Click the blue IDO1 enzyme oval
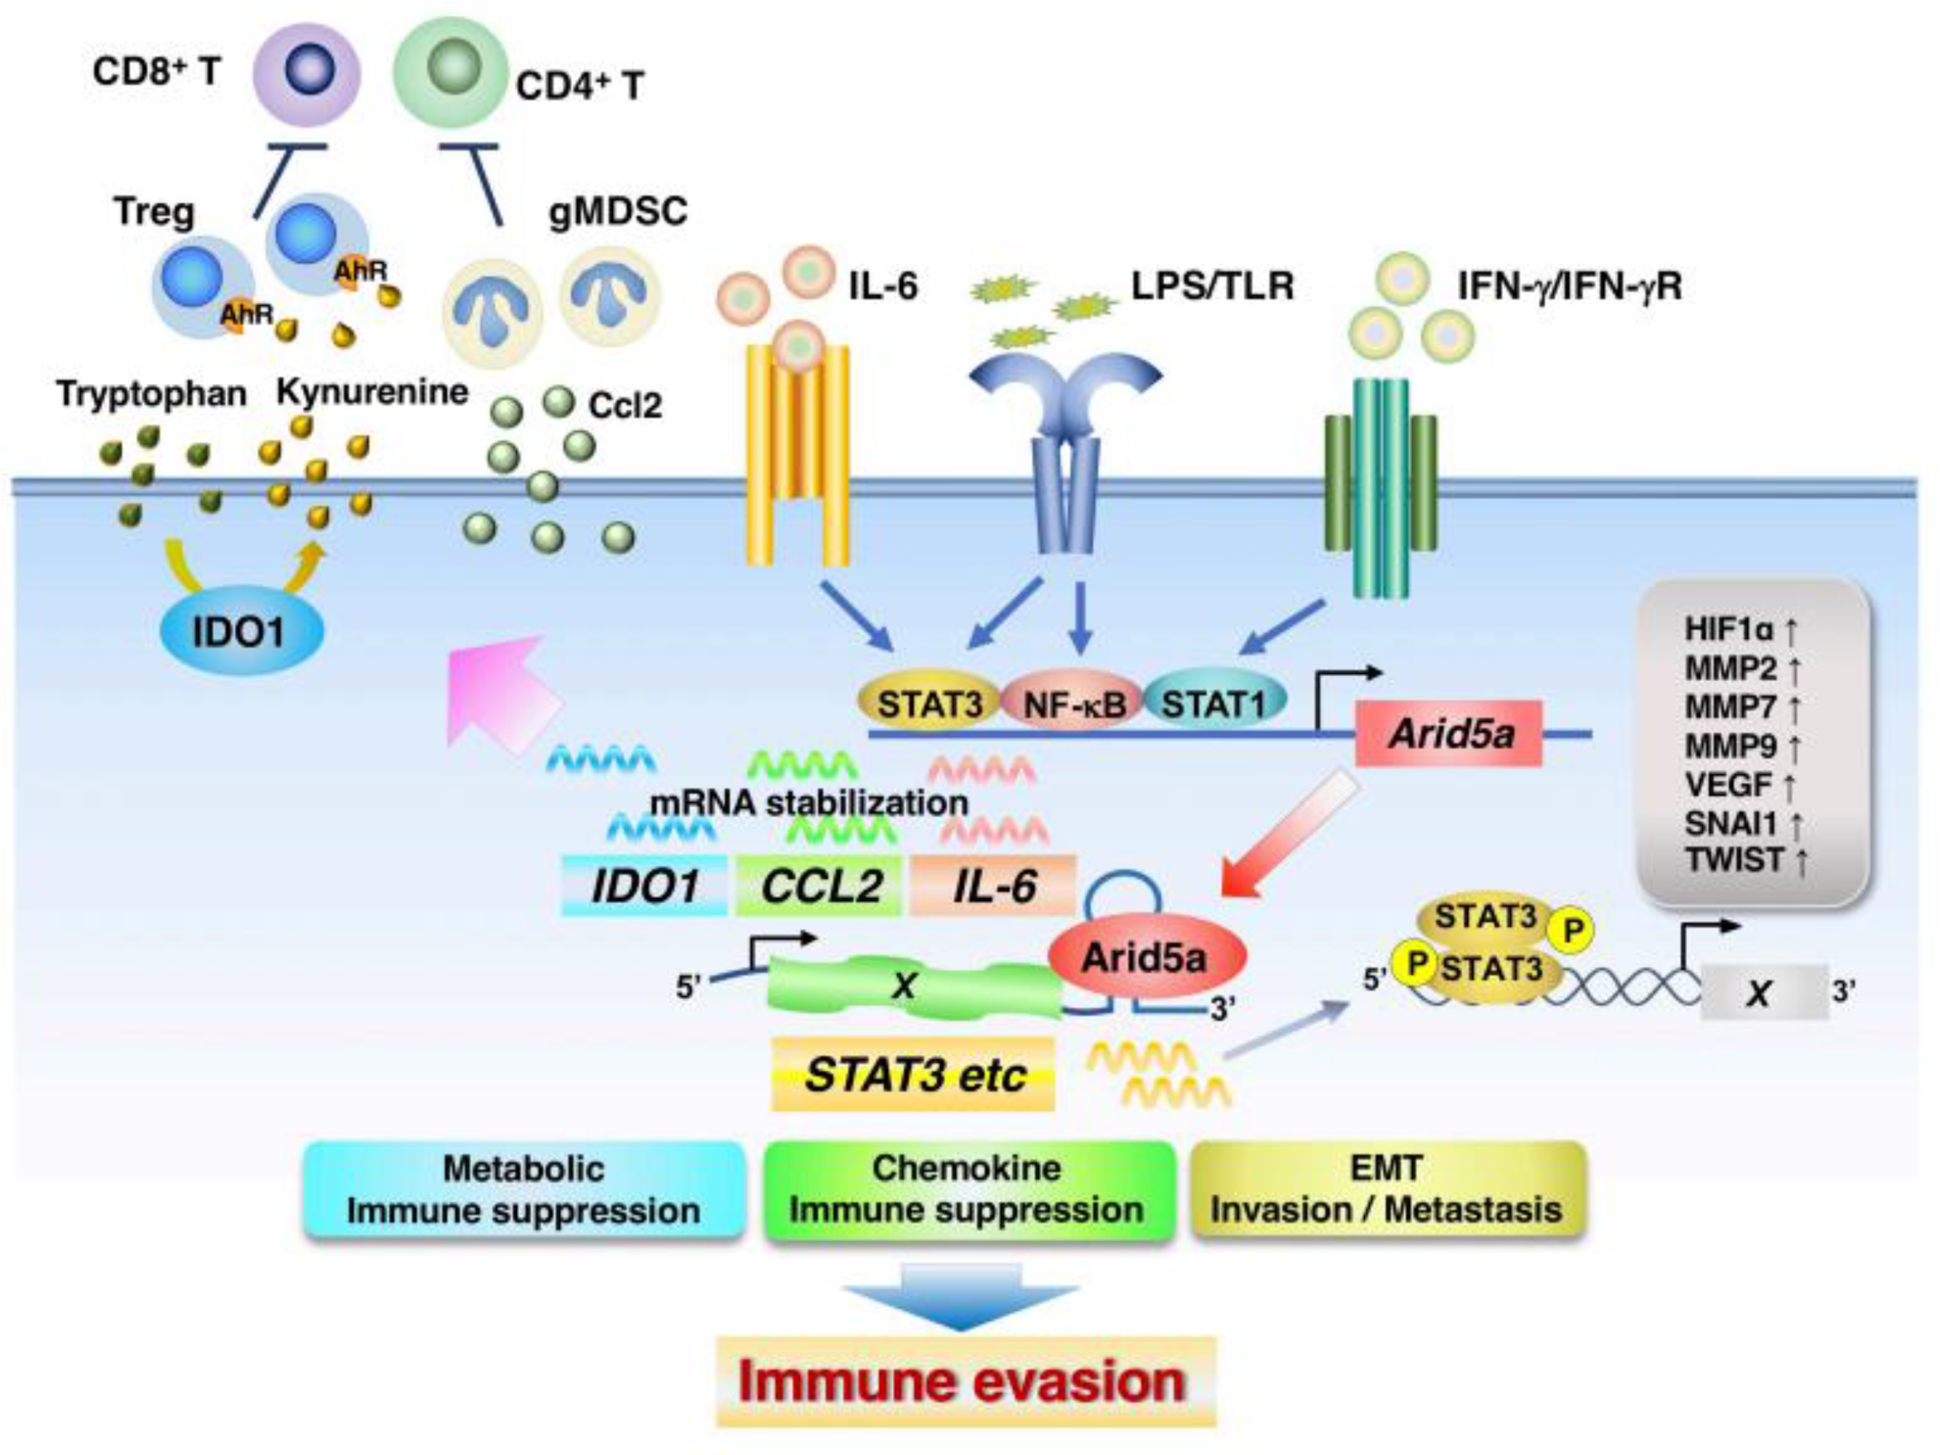pos(242,630)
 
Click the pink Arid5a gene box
pos(1449,733)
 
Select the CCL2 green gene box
pos(819,886)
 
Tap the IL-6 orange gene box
pos(994,886)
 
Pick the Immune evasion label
pos(964,1382)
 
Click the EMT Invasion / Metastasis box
pos(1387,1190)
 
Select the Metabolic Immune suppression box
pos(524,1190)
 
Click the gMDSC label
pos(617,212)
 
